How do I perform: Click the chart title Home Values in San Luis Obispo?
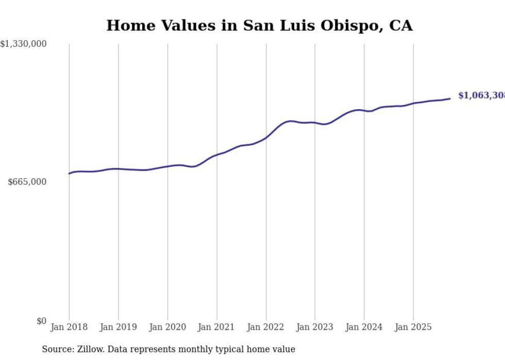(259, 26)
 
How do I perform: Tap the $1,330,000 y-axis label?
(24, 44)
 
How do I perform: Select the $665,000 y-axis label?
(27, 182)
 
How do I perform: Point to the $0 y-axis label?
(41, 321)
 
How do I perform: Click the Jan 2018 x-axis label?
(69, 327)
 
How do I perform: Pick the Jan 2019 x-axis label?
(118, 327)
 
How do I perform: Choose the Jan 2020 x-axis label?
(167, 327)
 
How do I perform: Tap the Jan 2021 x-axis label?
(216, 327)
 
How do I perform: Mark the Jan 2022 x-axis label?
(266, 327)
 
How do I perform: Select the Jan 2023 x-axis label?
(315, 327)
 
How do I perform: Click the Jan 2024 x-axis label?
(364, 327)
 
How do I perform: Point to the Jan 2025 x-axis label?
(413, 327)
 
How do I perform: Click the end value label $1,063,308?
(481, 96)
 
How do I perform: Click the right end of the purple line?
(450, 98)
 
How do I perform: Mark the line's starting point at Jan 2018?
(70, 174)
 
